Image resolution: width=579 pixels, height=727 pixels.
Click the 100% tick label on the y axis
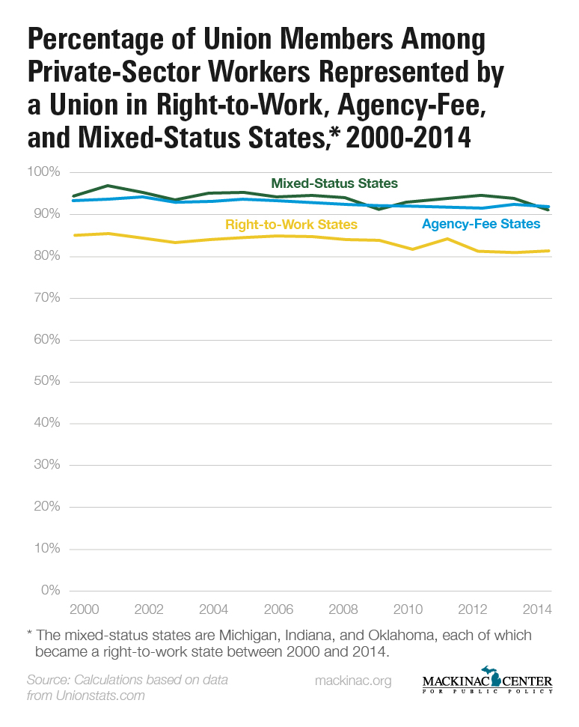43,173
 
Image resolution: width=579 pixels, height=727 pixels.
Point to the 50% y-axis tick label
46,382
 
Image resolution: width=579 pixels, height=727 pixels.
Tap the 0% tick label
51,591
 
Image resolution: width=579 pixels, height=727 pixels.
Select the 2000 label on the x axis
83,608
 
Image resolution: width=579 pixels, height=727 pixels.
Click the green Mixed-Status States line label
334,183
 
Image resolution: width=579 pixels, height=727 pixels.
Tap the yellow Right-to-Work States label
291,225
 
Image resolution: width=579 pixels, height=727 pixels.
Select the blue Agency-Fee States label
481,224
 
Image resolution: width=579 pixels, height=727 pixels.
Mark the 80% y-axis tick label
46,257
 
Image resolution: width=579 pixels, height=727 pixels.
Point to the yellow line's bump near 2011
447,239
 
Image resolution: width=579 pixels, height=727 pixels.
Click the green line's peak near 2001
108,185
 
